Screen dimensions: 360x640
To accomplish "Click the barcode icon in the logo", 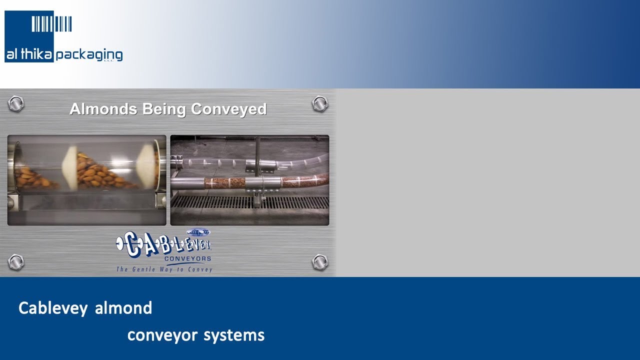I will [x=51, y=23].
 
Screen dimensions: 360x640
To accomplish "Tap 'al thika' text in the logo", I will [x=29, y=54].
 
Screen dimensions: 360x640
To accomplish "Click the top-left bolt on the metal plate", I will [x=16, y=103].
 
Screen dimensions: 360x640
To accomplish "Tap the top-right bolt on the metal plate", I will [x=319, y=103].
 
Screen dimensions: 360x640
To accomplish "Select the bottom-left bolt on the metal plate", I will [x=16, y=261].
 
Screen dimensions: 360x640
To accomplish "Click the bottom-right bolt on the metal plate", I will [x=319, y=261].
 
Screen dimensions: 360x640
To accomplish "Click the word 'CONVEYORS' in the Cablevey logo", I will [x=187, y=259].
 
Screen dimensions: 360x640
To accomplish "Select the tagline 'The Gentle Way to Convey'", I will [x=164, y=269].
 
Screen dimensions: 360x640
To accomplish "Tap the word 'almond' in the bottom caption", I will [x=123, y=308].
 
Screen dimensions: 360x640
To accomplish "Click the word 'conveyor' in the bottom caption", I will [x=162, y=335].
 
